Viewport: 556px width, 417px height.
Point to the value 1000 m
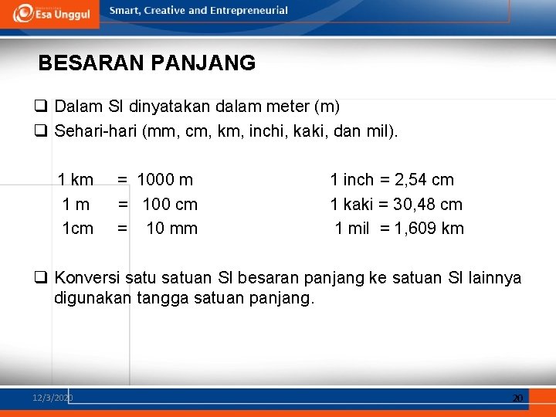click(165, 180)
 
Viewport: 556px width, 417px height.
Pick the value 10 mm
click(172, 229)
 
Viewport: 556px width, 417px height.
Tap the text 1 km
click(76, 180)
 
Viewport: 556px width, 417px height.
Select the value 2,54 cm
click(424, 180)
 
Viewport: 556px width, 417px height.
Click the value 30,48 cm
click(428, 205)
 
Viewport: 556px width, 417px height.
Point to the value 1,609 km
click(429, 229)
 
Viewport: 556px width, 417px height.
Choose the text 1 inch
click(351, 180)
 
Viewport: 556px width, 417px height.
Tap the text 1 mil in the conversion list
click(352, 229)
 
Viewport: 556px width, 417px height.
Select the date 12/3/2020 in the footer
click(53, 398)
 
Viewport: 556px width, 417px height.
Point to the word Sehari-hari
click(96, 131)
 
